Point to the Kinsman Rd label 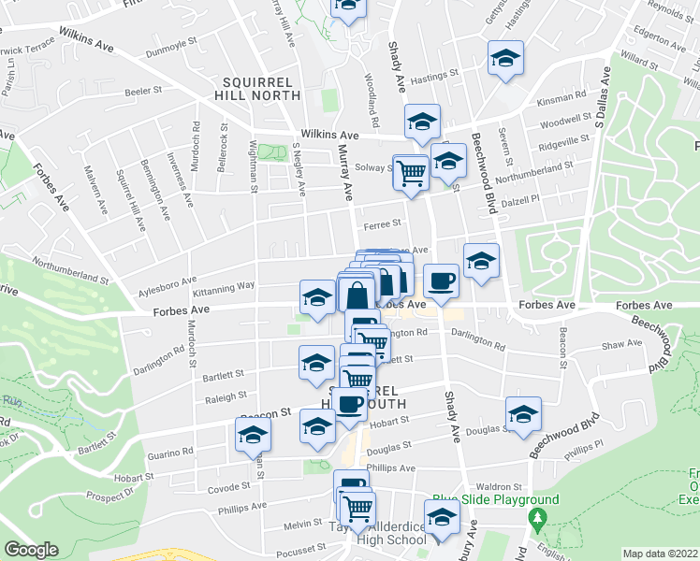tap(568, 94)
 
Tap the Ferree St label tap(382, 223)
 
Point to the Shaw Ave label tap(622, 345)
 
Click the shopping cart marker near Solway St tap(412, 172)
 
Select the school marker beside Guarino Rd tap(251, 435)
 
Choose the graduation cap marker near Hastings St tap(505, 58)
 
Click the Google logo tap(32, 550)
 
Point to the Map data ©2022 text tap(661, 554)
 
